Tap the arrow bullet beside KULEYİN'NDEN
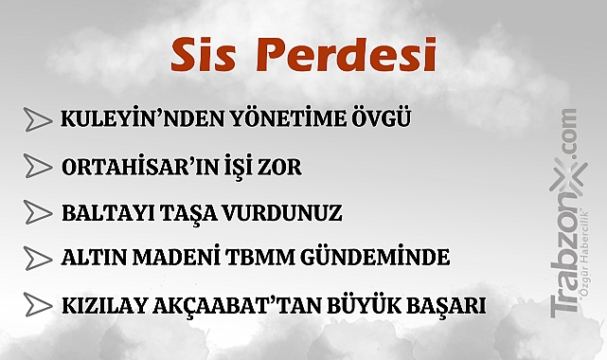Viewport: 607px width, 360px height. tap(38, 120)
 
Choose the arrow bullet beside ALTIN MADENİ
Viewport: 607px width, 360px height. tap(38, 258)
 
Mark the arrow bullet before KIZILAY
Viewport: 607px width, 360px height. tap(38, 305)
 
